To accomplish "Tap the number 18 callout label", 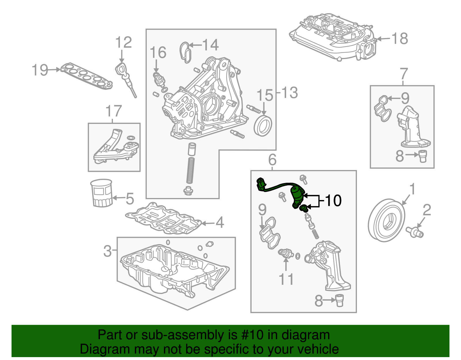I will [x=400, y=38].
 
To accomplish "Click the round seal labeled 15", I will [x=263, y=126].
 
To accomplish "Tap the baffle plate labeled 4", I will [x=163, y=219].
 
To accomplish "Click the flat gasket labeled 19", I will [x=86, y=76].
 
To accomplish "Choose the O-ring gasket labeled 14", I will [x=185, y=52].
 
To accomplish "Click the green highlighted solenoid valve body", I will [x=297, y=195].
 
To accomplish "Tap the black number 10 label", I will [x=333, y=200].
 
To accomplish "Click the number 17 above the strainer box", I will [x=114, y=111].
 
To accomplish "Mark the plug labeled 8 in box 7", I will [x=422, y=156].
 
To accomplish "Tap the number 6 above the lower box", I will [x=272, y=159].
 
